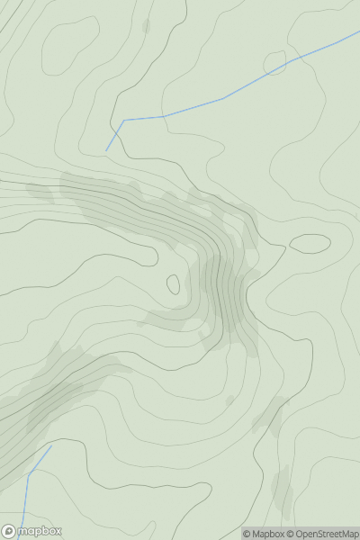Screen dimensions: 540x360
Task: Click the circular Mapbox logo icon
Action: (x=9, y=531)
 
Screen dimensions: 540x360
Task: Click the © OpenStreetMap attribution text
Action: (x=321, y=534)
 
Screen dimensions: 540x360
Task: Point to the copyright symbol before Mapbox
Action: (x=246, y=534)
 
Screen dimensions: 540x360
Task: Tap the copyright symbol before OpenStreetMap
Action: (x=291, y=534)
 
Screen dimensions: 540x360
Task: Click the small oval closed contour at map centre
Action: (x=173, y=284)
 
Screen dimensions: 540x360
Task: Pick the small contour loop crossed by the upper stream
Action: (x=275, y=62)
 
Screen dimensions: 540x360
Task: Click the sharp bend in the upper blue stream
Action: (x=123, y=120)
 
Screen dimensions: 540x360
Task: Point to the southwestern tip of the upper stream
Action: (x=106, y=150)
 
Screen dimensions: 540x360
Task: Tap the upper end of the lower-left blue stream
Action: (x=51, y=445)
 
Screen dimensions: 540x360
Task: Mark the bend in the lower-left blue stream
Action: (x=29, y=474)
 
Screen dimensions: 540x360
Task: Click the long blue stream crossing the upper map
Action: (x=225, y=98)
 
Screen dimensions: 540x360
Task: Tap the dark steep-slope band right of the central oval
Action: (x=220, y=288)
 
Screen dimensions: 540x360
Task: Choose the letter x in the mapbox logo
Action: (x=57, y=531)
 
